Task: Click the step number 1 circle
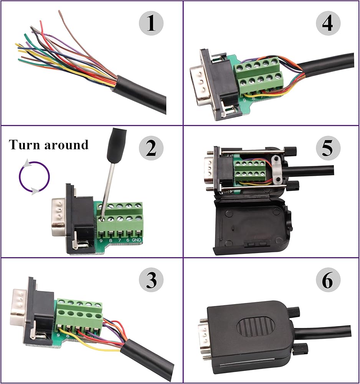(151, 23)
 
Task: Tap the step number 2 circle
(151, 148)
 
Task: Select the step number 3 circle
(151, 280)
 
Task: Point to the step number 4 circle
(328, 23)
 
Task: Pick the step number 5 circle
(328, 148)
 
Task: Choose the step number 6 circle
(328, 280)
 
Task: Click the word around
(66, 145)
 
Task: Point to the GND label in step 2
(136, 240)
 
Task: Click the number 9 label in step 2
(101, 240)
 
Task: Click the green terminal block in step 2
(120, 220)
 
